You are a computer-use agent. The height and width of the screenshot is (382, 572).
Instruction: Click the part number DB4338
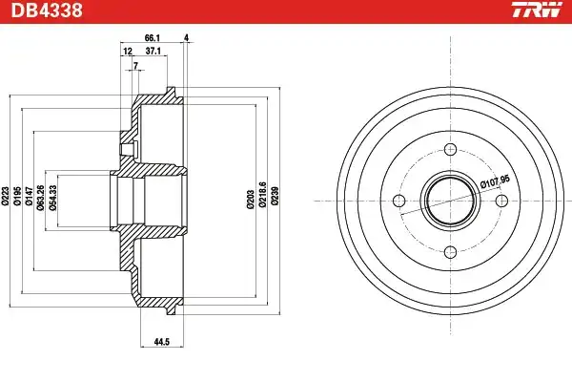47,11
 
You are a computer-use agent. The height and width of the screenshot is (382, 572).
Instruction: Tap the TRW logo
537,10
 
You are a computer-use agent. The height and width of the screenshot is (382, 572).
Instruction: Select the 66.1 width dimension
153,37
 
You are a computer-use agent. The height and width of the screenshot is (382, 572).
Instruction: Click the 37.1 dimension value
153,51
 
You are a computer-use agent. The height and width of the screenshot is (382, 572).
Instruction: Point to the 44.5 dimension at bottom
162,342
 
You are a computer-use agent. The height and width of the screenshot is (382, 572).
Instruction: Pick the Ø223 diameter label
5,197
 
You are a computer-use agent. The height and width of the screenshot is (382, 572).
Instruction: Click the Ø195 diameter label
17,197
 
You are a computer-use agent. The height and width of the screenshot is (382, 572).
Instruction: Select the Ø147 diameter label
30,197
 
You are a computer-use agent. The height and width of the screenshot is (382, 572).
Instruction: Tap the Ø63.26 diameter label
41,198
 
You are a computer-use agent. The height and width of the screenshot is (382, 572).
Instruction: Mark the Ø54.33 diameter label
52,198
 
